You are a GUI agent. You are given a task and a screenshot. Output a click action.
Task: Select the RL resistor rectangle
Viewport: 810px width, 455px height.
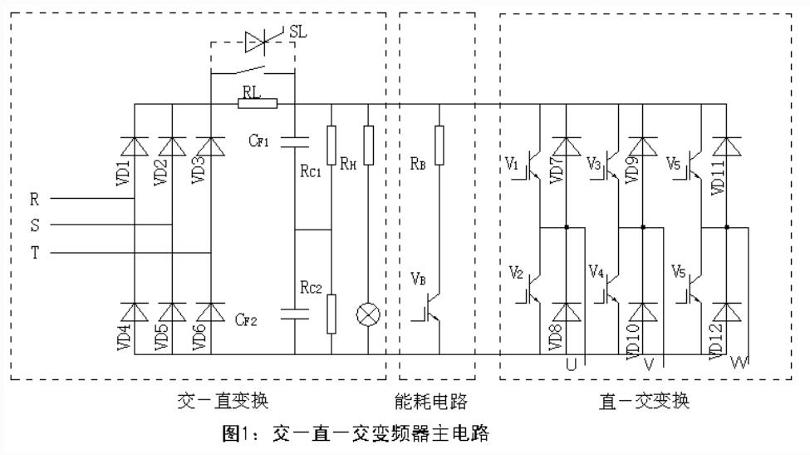257,103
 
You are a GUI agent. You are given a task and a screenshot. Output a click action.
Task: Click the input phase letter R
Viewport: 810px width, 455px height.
35,200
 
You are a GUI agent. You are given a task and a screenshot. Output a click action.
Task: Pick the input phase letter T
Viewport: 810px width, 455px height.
35,254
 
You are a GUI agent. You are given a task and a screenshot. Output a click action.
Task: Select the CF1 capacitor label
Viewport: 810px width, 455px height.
259,141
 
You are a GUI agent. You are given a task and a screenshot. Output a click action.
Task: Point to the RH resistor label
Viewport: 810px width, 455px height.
348,163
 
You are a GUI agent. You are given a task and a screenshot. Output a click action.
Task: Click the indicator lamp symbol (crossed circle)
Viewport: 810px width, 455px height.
368,314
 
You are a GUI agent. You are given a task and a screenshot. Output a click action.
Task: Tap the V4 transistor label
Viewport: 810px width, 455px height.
595,271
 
